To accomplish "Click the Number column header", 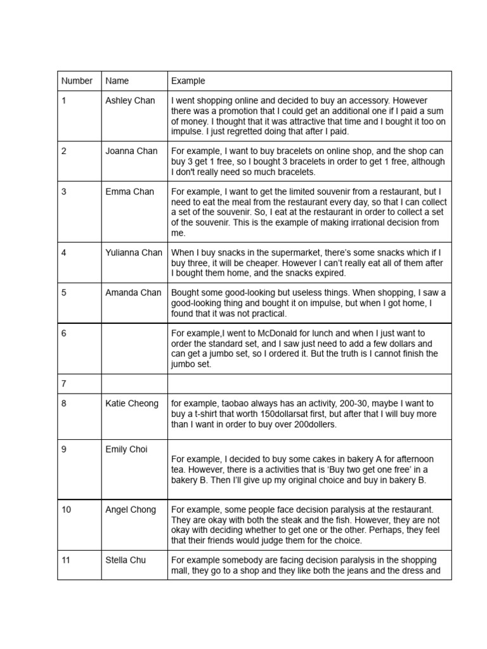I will (77, 80).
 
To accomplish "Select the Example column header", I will (188, 80).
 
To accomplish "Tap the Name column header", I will (117, 80).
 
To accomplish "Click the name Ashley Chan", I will (130, 100).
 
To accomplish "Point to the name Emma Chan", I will (129, 191).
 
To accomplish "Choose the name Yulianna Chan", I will (134, 252).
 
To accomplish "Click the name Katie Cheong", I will (132, 403).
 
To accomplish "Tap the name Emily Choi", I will (126, 449).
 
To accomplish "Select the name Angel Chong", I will (131, 510).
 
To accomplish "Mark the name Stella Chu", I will (126, 560).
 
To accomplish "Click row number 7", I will (64, 383).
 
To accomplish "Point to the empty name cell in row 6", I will (134, 349).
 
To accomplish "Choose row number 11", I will (66, 560).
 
